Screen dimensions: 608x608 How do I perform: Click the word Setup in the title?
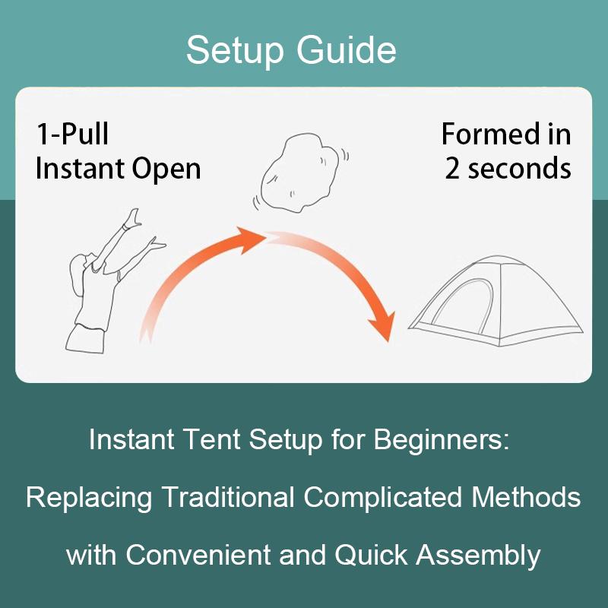(235, 51)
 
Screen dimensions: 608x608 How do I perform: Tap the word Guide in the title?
(347, 49)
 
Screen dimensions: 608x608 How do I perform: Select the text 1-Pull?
(72, 134)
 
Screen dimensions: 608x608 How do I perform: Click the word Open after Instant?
(166, 169)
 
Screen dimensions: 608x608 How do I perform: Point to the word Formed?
(491, 134)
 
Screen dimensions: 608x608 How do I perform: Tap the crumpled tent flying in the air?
(299, 173)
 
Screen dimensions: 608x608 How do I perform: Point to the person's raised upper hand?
(133, 218)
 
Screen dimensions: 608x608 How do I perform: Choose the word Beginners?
(442, 441)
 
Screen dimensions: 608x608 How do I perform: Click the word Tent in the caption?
(211, 439)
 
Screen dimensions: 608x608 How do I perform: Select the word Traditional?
(227, 497)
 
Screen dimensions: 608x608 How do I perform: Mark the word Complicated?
(383, 498)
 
